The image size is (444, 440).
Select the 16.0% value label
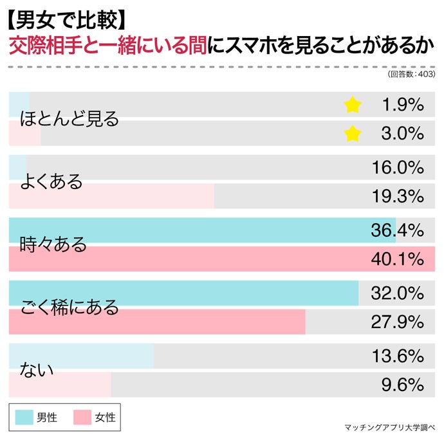click(397, 168)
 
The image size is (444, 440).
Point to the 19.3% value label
click(397, 196)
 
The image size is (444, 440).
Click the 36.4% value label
click(397, 230)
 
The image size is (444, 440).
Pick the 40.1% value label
click(397, 259)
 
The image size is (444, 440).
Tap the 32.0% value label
click(397, 293)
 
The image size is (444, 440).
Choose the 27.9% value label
click(397, 322)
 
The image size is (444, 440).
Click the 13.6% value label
click(397, 356)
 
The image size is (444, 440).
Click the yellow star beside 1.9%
click(353, 105)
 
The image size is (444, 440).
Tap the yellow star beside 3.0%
click(353, 134)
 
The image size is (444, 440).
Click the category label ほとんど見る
click(70, 119)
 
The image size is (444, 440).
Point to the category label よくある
click(52, 181)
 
